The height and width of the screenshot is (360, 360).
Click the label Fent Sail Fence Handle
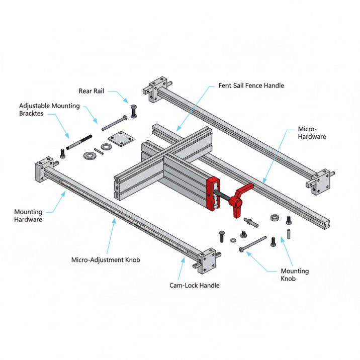click(x=251, y=85)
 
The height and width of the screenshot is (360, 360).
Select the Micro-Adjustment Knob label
click(x=106, y=260)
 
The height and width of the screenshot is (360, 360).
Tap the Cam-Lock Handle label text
click(x=195, y=285)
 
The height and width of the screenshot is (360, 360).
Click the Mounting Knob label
click(x=295, y=275)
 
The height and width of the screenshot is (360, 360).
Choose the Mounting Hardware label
click(x=28, y=216)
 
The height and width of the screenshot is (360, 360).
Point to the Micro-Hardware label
click(x=312, y=133)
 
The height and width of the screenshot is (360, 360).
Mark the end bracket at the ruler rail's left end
click(x=44, y=170)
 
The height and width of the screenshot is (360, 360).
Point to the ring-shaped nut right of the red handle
click(x=275, y=218)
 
